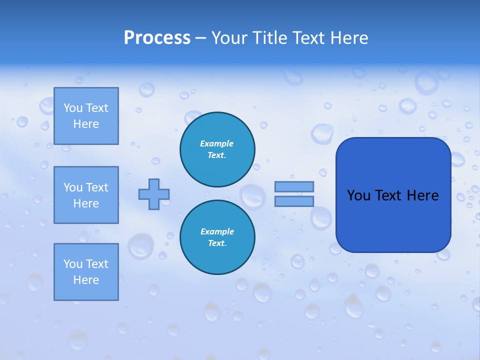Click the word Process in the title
coord(157,38)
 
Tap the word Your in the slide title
coord(230,38)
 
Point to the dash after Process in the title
coord(200,38)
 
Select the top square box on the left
coord(86,116)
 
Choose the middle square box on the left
coord(86,195)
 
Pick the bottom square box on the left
coord(86,272)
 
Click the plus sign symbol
coord(154,194)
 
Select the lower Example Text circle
coord(217,237)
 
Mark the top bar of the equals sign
coord(294,186)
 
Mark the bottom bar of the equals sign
coord(294,201)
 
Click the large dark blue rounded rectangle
coord(393,220)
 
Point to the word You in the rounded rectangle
coord(358,195)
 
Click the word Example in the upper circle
coord(217,143)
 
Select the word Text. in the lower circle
coord(217,243)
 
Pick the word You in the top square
coord(73,108)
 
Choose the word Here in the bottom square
coord(86,280)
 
